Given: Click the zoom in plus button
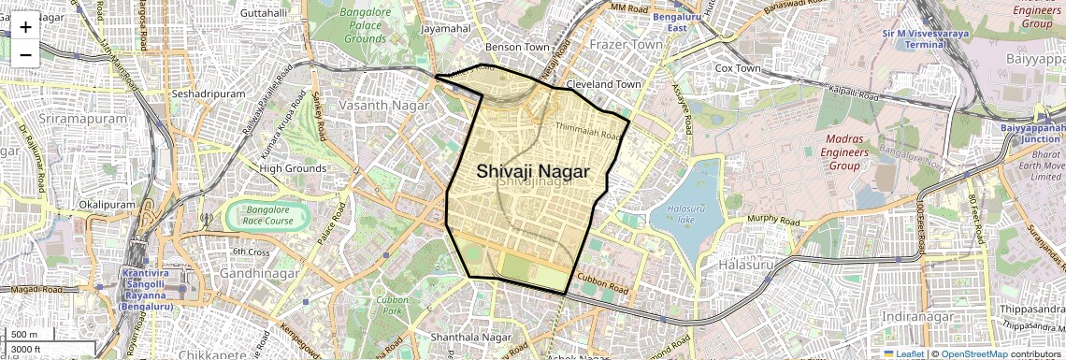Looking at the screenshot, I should point(25,26).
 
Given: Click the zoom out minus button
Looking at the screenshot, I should point(25,54).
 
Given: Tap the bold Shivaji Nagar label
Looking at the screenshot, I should point(533,171).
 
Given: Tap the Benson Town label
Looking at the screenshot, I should point(517,46).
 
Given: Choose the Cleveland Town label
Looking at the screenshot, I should point(604,84).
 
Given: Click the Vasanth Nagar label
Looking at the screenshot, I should point(383,106).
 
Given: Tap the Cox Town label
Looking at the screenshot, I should point(737,68).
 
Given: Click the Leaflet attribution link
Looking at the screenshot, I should point(905,353).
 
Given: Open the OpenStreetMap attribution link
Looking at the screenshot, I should point(973,353).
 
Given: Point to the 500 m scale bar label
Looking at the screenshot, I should point(24,335).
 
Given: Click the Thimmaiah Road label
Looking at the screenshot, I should point(588,131).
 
